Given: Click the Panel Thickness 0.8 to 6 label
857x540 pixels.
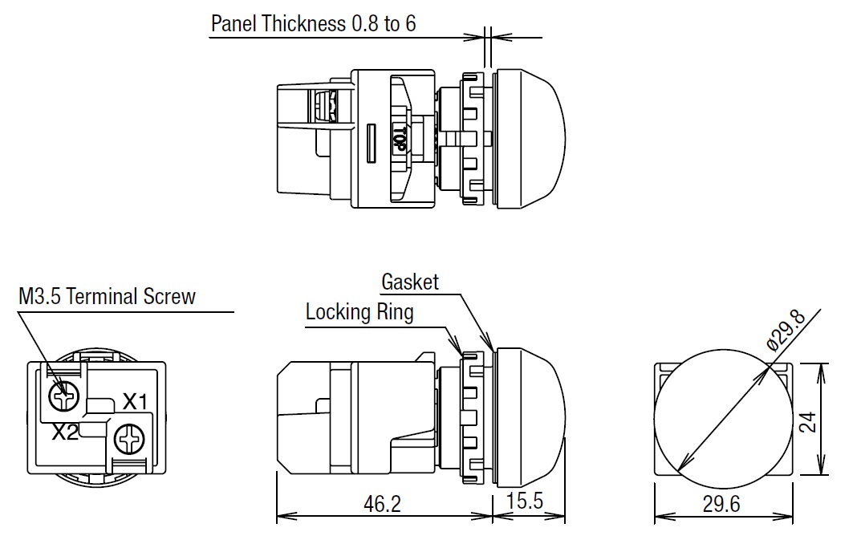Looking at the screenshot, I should [x=313, y=23].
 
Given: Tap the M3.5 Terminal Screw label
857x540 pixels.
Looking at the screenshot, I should [x=107, y=297].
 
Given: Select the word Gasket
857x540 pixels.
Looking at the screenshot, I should [x=410, y=282].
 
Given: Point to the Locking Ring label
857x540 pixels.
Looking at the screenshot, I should [x=359, y=312].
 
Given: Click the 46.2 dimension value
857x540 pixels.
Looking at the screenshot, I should [x=382, y=503].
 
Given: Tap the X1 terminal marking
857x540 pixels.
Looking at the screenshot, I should [x=135, y=400].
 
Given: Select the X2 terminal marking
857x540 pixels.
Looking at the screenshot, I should [x=65, y=432].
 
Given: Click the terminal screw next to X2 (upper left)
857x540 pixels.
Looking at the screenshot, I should [x=62, y=394].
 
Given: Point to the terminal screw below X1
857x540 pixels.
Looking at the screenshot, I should [x=128, y=439].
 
